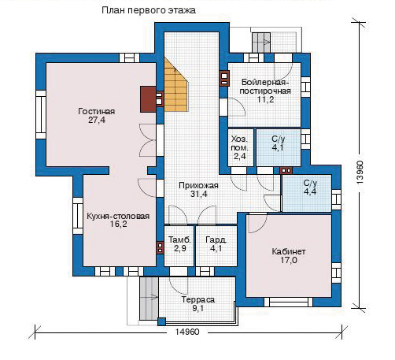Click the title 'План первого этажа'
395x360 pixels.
click(149, 10)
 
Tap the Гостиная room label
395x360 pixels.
click(97, 111)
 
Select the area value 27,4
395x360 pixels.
click(97, 121)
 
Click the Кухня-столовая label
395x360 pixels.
click(118, 216)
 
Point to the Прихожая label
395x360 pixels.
click(198, 185)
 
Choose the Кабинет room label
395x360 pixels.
click(289, 251)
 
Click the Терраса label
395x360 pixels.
click(198, 299)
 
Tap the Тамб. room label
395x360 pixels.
click(180, 239)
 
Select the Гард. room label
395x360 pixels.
click(216, 239)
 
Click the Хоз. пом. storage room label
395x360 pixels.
click(239, 143)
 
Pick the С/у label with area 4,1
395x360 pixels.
click(279, 139)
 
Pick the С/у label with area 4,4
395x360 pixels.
click(310, 183)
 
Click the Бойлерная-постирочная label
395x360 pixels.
click(265, 87)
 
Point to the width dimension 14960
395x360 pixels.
click(187, 332)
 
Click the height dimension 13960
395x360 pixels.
click(360, 173)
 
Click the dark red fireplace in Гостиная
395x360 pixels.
click(149, 99)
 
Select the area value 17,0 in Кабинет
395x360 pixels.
click(289, 261)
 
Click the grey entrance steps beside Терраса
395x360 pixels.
click(149, 299)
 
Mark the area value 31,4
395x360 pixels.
click(198, 195)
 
